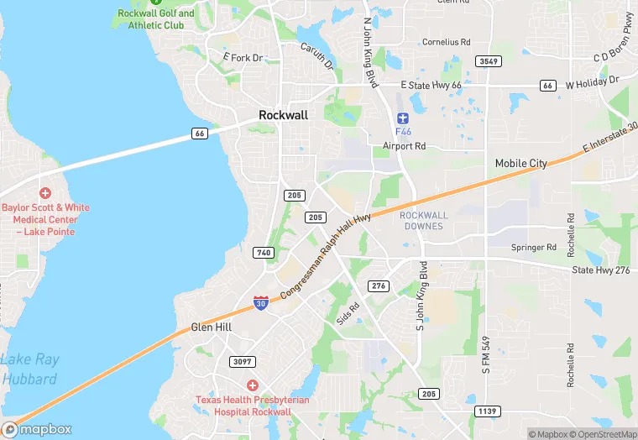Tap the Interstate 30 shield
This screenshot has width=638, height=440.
tap(262, 302)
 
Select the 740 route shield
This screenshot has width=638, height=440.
tap(263, 253)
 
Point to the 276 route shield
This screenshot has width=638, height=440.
tap(379, 286)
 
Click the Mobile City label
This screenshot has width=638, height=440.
tap(520, 163)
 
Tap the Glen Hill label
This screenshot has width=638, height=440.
tap(211, 327)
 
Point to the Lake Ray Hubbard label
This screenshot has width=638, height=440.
tap(29, 369)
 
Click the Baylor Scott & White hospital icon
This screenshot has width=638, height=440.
tap(44, 193)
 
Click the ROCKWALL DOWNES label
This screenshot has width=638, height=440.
tap(424, 221)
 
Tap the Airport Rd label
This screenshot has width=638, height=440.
tap(405, 146)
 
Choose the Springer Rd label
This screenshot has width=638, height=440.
tap(534, 248)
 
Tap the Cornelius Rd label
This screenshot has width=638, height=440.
tap(447, 41)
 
